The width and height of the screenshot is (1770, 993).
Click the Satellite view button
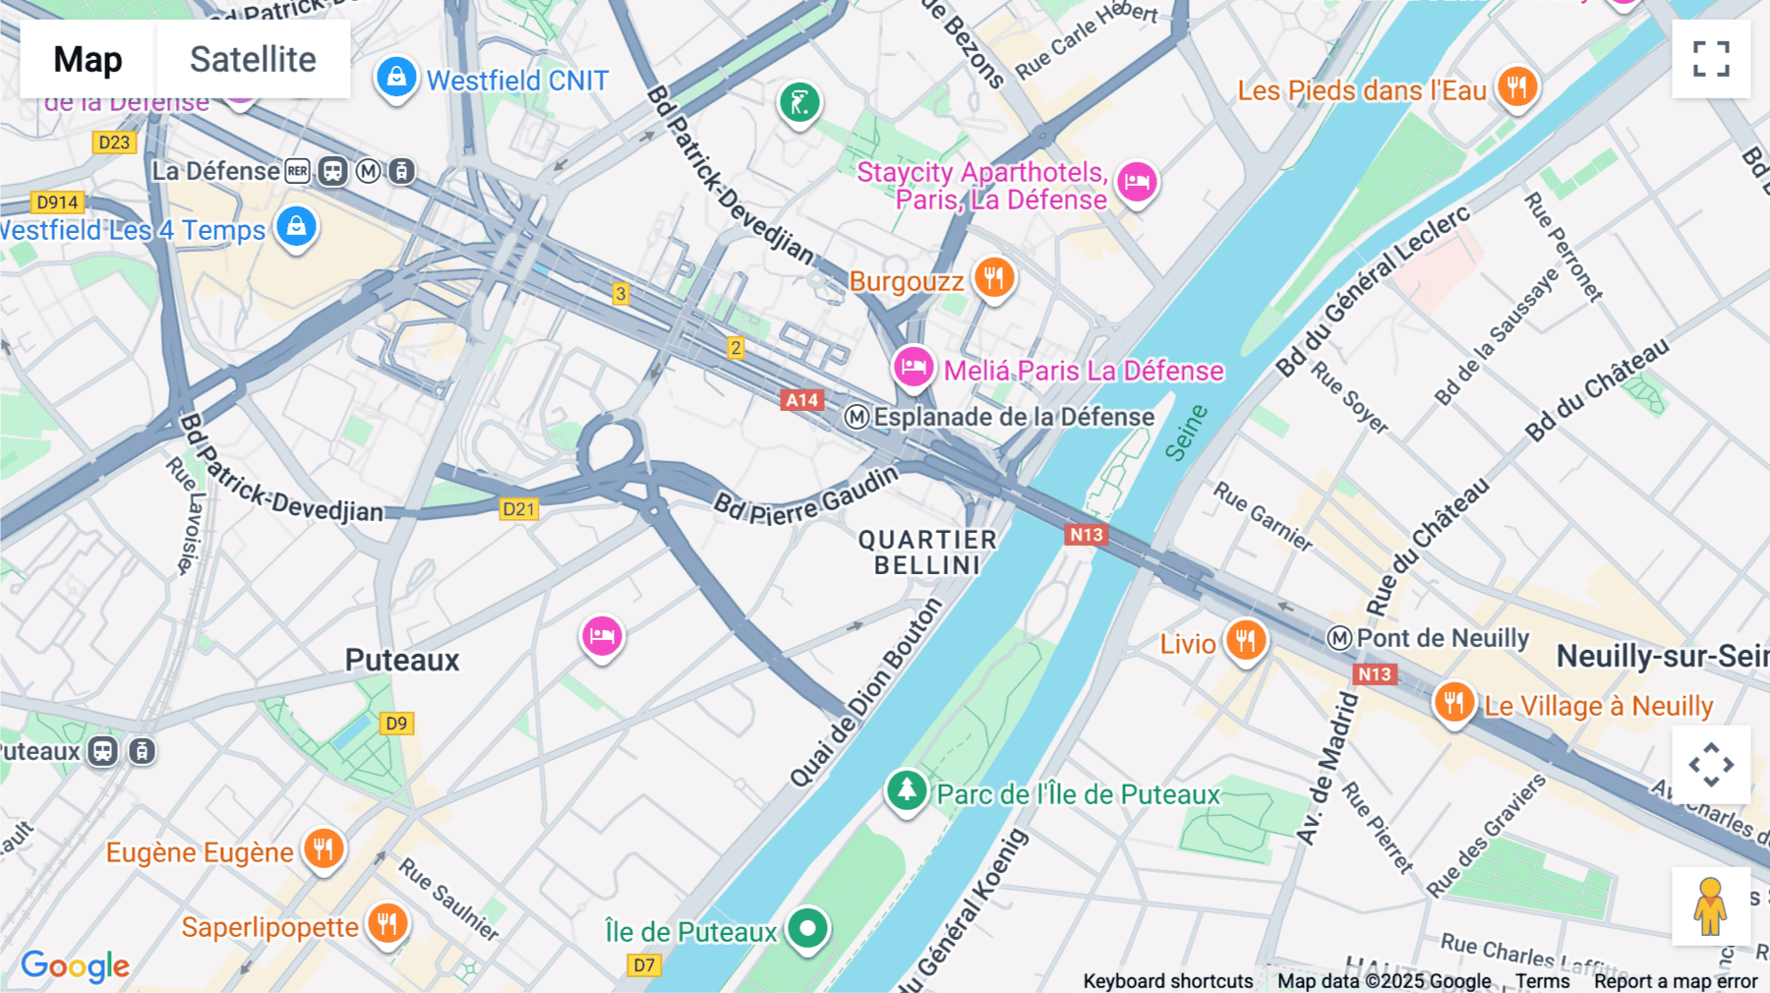tap(253, 59)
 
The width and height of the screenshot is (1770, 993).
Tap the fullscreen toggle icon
tap(1711, 59)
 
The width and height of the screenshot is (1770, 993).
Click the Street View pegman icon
tap(1710, 906)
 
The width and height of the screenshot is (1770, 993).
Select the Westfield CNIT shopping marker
tap(395, 78)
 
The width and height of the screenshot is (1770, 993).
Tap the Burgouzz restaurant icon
tap(994, 278)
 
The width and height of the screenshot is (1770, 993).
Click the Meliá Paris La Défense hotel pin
tap(914, 368)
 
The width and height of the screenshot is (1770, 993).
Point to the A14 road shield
tap(801, 400)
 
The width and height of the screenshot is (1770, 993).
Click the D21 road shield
tap(518, 508)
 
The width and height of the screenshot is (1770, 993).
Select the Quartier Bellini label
tap(927, 553)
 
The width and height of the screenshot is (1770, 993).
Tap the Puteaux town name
tap(402, 660)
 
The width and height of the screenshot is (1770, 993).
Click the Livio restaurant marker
tap(1245, 641)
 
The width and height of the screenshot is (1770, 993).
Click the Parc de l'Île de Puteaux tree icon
tap(907, 790)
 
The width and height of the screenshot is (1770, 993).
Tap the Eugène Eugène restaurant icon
tap(323, 848)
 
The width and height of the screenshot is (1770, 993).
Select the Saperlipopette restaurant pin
tap(387, 924)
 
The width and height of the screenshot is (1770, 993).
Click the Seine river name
tap(1186, 433)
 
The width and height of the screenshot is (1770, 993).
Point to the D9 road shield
tap(396, 724)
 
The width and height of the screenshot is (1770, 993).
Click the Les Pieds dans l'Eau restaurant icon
tap(1517, 88)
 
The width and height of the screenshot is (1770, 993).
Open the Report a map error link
tap(1676, 981)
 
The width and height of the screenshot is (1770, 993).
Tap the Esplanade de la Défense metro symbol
tap(856, 417)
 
